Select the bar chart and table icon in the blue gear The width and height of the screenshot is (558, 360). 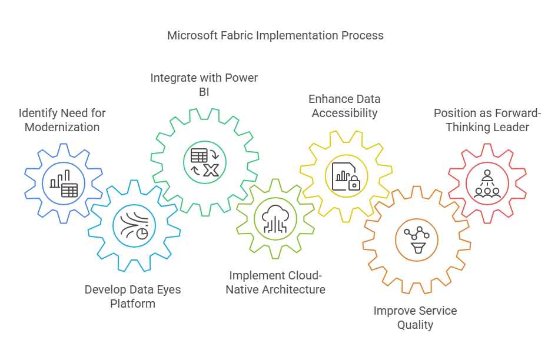(x=64, y=184)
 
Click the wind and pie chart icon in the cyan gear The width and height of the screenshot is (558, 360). (x=134, y=226)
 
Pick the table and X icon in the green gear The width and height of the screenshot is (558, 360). (x=205, y=162)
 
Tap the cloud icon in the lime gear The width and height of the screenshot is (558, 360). (x=275, y=219)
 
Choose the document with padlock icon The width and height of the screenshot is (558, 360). (x=346, y=176)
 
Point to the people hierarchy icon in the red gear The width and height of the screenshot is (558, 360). (x=487, y=184)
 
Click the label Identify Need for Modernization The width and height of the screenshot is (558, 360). (x=62, y=120)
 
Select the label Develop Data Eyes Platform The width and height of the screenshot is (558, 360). (x=133, y=296)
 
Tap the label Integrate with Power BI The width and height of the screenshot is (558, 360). (x=204, y=85)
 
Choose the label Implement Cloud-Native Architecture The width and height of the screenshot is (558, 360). (x=275, y=282)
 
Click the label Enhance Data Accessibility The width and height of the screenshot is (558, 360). (x=344, y=106)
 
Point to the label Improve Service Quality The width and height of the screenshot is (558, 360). (x=416, y=318)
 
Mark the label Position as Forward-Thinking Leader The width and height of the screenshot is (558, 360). (x=487, y=120)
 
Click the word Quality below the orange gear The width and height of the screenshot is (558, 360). (x=416, y=325)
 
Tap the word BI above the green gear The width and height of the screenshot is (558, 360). (x=204, y=92)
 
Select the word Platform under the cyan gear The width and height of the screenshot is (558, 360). (x=133, y=304)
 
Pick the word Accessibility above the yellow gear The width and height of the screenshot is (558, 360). (x=344, y=113)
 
